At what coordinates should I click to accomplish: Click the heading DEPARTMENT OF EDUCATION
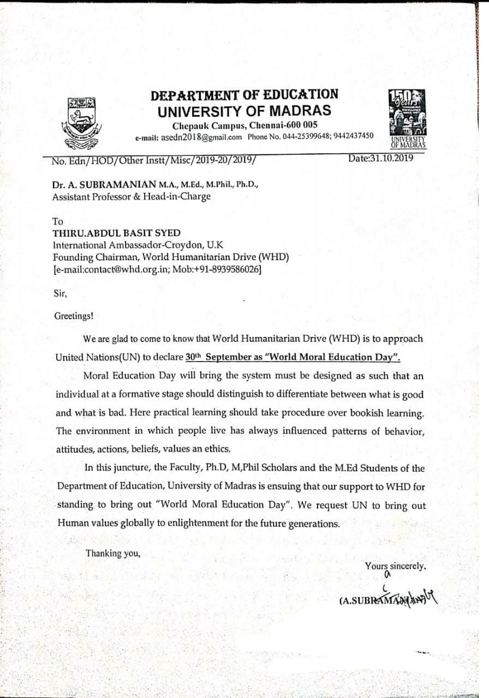[244, 95]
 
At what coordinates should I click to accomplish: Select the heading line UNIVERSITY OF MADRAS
[244, 111]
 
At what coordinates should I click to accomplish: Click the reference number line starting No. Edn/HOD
[153, 161]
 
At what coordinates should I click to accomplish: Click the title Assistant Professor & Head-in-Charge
[131, 197]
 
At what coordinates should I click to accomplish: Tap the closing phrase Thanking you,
[114, 553]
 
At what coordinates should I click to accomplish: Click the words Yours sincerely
[395, 566]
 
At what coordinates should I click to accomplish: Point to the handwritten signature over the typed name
[415, 598]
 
